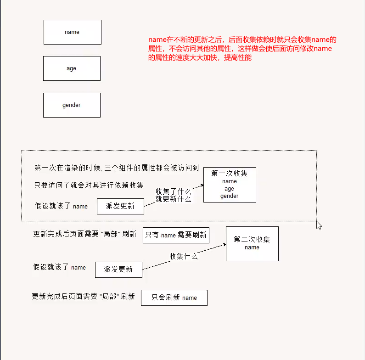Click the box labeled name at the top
[x=72, y=32]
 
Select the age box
[x=72, y=68]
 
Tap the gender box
[x=72, y=105]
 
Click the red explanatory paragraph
[x=242, y=49]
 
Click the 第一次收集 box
[x=230, y=185]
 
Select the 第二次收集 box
[x=252, y=243]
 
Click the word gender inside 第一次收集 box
[x=230, y=196]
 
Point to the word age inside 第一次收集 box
[x=230, y=189]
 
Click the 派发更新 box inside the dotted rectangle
[x=120, y=206]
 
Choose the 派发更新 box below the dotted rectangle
[x=118, y=270]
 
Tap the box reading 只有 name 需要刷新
[x=176, y=235]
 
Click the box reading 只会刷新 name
[x=174, y=298]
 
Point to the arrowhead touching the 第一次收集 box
[x=201, y=186]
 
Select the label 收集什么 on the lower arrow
[x=184, y=256]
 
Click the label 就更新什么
[x=173, y=199]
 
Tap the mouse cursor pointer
[x=319, y=225]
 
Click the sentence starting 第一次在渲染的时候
[x=117, y=168]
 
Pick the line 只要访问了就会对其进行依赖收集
[x=89, y=186]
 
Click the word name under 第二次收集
[x=252, y=247]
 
